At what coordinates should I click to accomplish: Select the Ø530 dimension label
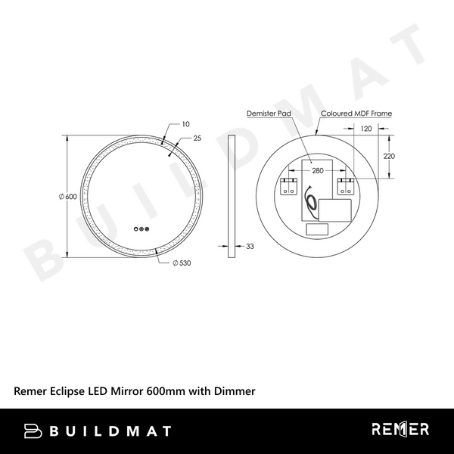coord(181,263)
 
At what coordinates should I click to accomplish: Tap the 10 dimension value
coord(185,123)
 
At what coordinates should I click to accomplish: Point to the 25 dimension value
coord(197,138)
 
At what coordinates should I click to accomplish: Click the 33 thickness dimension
coord(250,246)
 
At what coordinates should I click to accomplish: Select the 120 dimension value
coord(366,129)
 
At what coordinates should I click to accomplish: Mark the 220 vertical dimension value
coord(389,156)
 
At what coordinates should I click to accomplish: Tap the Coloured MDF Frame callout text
coord(356,113)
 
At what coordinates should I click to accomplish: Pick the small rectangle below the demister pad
coord(316,229)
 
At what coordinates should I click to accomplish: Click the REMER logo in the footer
coord(400,430)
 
